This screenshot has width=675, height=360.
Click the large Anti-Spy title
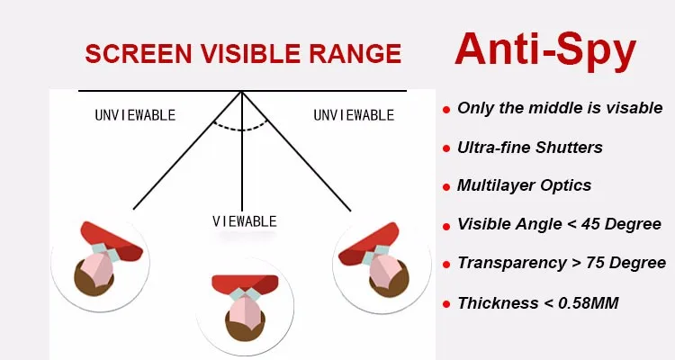click(x=545, y=51)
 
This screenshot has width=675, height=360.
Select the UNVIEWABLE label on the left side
click(x=135, y=115)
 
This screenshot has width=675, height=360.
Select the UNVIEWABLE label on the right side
click(x=354, y=115)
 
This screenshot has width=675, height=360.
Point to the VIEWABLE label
click(x=245, y=221)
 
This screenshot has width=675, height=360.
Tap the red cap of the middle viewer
click(x=245, y=283)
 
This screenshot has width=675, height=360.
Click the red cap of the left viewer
click(x=112, y=241)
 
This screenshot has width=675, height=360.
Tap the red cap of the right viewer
click(x=368, y=243)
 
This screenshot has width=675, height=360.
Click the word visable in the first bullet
click(x=634, y=108)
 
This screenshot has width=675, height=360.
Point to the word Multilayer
click(x=493, y=185)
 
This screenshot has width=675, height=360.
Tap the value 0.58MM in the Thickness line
click(x=589, y=303)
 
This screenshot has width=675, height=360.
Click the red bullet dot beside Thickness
click(x=446, y=304)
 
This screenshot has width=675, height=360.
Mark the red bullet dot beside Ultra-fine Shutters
click(x=446, y=149)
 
